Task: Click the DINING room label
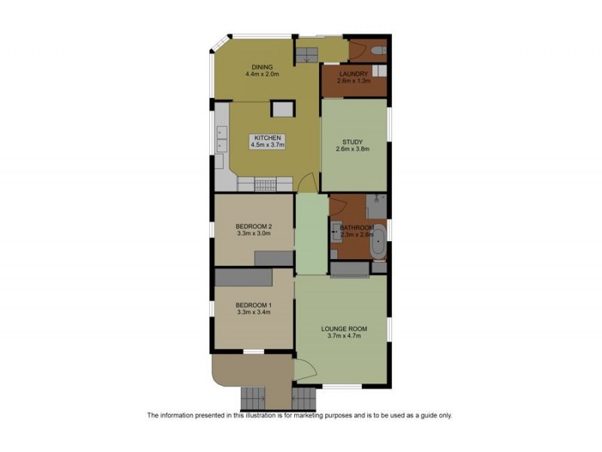[x=262, y=67]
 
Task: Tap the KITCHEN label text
[x=267, y=138]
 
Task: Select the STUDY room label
[x=352, y=142]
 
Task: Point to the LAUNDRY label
[x=353, y=74]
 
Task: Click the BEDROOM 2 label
[x=253, y=226]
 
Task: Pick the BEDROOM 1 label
[x=253, y=304]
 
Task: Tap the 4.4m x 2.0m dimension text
[x=262, y=75]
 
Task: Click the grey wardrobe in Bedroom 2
[x=274, y=258]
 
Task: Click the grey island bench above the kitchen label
[x=282, y=109]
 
